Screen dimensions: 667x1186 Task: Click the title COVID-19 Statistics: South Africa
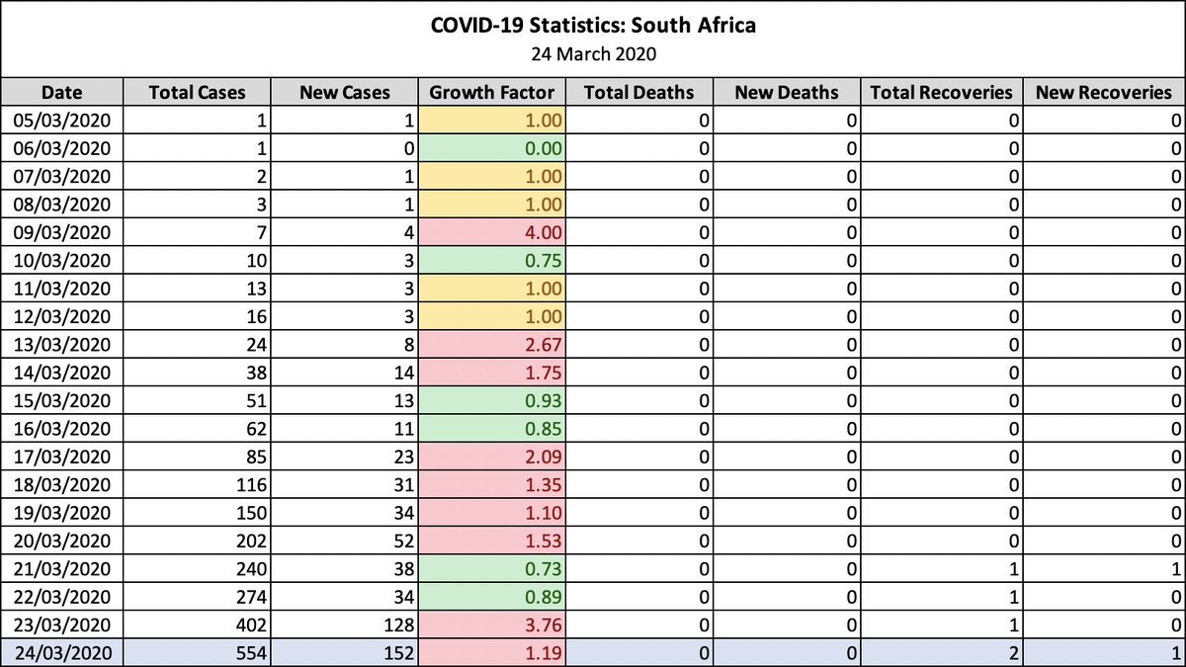pos(593,25)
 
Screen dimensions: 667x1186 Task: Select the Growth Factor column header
pos(492,93)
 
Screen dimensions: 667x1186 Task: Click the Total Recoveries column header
pos(942,93)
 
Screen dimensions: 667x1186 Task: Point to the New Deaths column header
pos(787,93)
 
